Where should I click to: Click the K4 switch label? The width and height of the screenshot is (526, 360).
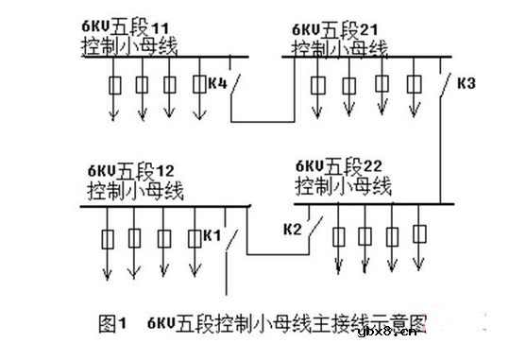(216, 84)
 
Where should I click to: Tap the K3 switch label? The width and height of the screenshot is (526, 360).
(465, 84)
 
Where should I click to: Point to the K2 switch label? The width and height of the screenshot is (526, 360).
(293, 229)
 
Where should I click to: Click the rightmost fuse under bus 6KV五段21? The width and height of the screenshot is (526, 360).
(415, 84)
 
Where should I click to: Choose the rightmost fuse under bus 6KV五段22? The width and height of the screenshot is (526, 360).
(420, 232)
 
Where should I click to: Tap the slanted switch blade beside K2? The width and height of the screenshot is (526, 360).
(314, 228)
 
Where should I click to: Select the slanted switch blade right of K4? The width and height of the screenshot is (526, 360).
(237, 89)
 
